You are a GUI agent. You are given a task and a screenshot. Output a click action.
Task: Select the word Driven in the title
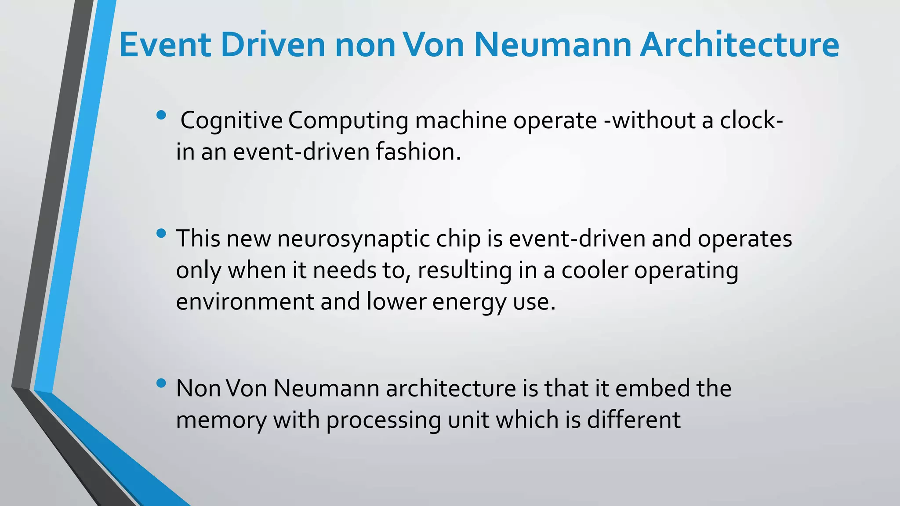click(273, 45)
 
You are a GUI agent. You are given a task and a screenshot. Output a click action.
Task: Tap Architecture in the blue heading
click(739, 45)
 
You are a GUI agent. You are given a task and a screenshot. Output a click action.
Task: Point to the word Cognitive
click(232, 121)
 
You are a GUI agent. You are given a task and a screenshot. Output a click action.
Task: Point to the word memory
click(221, 420)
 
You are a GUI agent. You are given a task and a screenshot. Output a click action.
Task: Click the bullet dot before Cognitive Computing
click(161, 115)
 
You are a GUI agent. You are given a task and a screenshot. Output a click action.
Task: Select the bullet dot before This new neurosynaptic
click(161, 233)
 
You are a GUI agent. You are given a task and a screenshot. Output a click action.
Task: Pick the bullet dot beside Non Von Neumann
click(161, 383)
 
